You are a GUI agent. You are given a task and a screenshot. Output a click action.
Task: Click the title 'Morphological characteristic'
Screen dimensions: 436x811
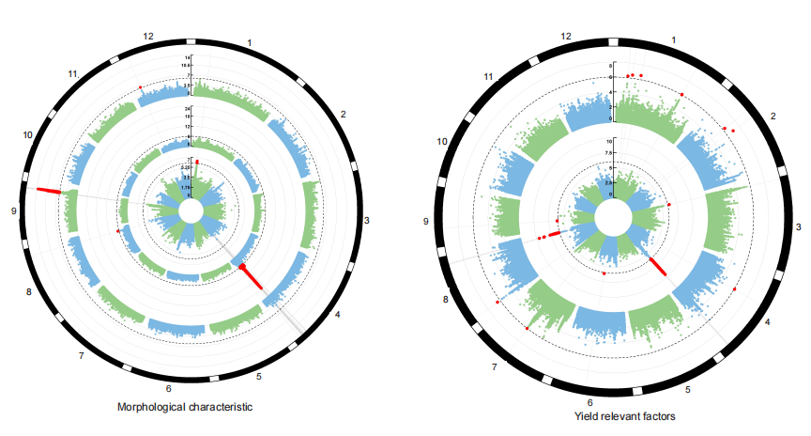(185, 407)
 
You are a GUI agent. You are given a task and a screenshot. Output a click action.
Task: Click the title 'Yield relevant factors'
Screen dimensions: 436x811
(624, 414)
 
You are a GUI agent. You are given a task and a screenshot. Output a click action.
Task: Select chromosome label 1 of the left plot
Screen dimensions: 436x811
(250, 43)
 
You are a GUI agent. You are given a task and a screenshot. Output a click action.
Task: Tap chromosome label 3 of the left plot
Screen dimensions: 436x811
(366, 220)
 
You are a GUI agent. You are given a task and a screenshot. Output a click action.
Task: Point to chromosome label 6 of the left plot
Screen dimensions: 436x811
(168, 388)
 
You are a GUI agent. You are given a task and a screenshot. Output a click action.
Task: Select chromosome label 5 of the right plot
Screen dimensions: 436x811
(687, 389)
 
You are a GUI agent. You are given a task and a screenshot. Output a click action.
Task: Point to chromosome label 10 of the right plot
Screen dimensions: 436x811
(441, 141)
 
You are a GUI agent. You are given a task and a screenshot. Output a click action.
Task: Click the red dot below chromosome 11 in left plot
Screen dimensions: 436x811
(141, 87)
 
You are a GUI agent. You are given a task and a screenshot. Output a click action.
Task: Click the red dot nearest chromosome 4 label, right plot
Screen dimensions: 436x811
(734, 289)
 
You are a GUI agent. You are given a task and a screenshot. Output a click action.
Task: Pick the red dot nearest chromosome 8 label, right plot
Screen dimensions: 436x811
(497, 302)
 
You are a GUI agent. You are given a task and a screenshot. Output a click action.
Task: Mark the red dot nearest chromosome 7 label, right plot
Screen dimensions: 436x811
(527, 330)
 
